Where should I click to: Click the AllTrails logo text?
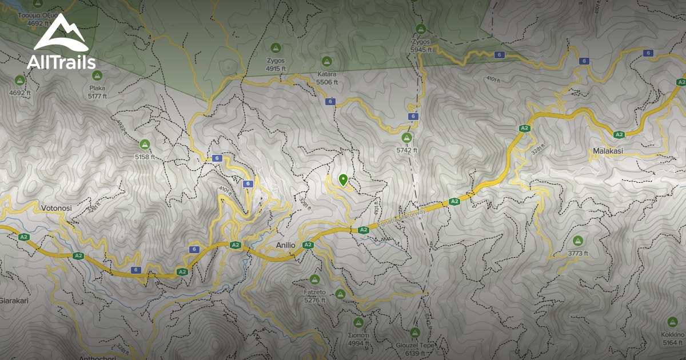(61, 62)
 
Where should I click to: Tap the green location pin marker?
(343, 180)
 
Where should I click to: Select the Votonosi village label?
(56, 209)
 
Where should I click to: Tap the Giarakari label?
(14, 301)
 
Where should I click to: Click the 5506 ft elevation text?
(327, 82)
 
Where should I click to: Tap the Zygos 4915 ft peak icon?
(276, 48)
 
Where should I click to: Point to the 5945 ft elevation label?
(421, 50)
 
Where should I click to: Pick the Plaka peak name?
(98, 88)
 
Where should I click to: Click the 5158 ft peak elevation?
(145, 157)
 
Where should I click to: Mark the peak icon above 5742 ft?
(407, 137)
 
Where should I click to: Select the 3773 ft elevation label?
(578, 254)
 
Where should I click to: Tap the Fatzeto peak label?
(314, 292)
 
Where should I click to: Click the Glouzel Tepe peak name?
(416, 346)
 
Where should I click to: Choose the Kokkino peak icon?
(672, 322)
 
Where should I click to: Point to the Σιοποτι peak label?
(358, 335)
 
